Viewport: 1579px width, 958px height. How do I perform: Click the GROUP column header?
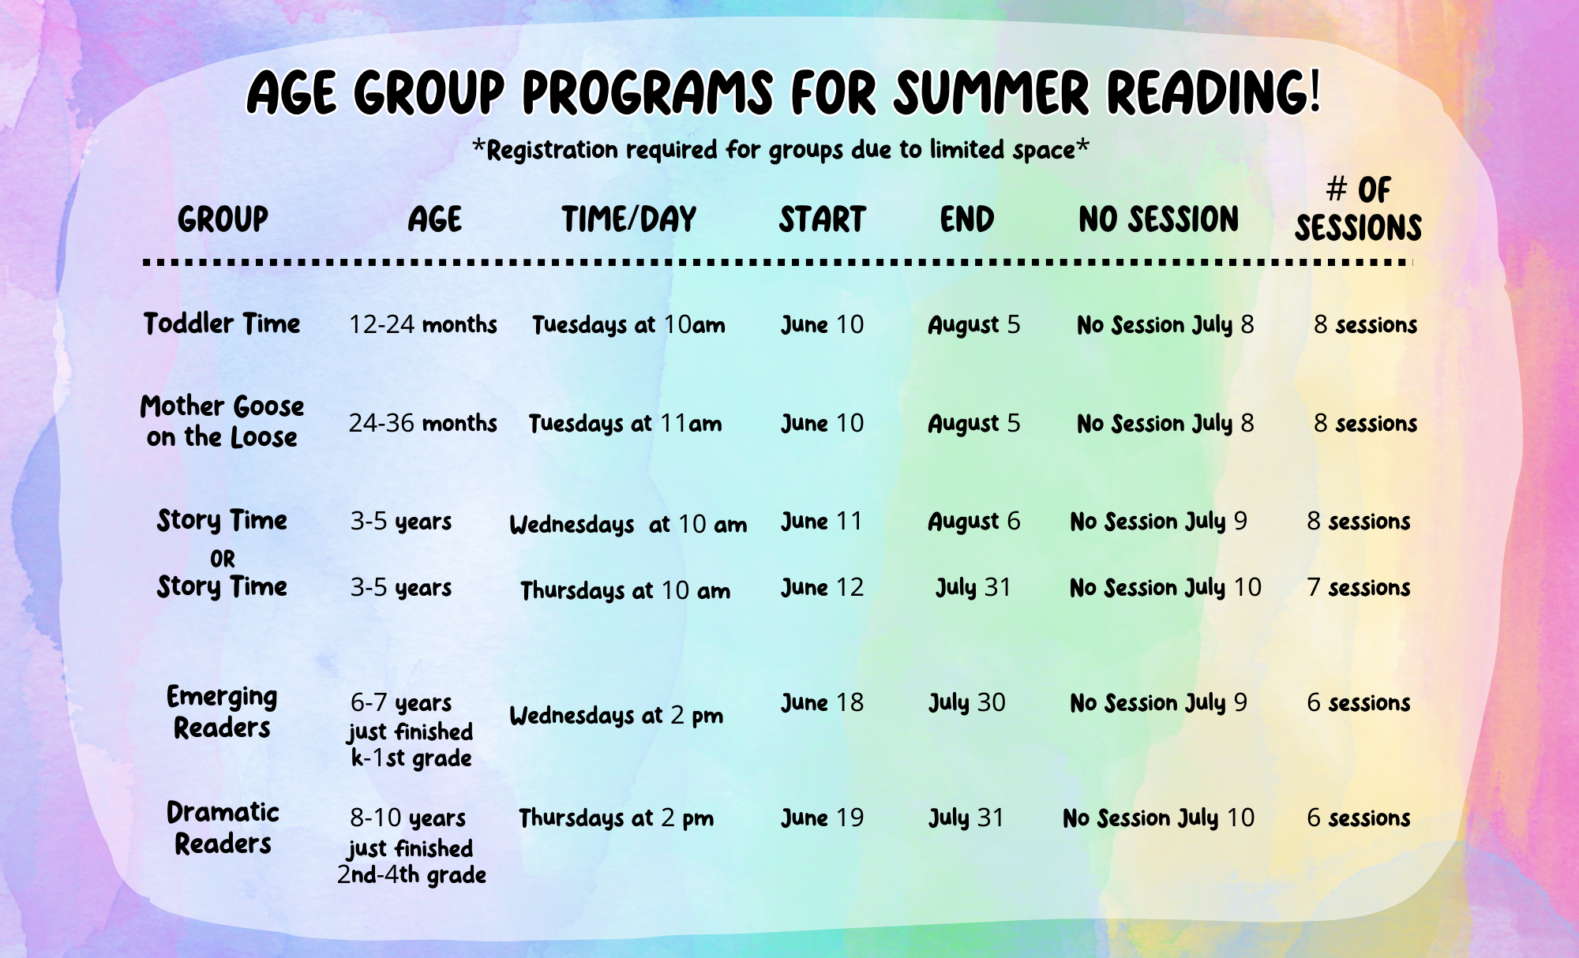(x=223, y=219)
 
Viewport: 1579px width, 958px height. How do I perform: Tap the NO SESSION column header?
(x=1159, y=219)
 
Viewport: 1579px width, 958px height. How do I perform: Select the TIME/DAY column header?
(x=629, y=219)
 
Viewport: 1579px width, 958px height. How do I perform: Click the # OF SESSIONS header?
(x=1358, y=209)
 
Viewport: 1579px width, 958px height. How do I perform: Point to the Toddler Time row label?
(x=222, y=324)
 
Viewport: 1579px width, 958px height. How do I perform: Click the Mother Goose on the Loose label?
(x=222, y=421)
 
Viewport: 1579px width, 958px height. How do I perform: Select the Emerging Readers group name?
(x=222, y=713)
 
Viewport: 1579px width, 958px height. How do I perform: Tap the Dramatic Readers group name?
(x=223, y=828)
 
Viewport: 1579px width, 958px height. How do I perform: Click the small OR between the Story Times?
(x=223, y=559)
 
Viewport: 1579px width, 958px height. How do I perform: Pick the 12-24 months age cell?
(x=423, y=324)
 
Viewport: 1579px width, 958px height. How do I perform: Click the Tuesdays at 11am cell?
(x=625, y=424)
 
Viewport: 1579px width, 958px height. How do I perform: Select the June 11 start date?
(x=822, y=521)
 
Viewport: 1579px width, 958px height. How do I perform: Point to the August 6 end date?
(x=974, y=522)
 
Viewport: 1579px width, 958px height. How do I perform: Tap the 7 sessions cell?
(x=1358, y=587)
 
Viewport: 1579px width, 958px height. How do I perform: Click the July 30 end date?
(x=967, y=702)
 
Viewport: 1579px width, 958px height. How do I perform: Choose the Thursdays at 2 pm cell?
(x=616, y=818)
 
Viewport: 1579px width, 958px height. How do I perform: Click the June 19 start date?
(x=822, y=818)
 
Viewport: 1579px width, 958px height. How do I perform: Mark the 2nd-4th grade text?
(x=411, y=875)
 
